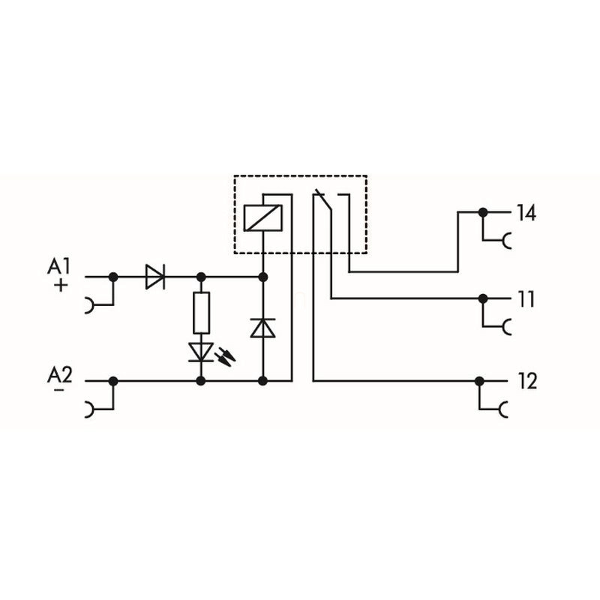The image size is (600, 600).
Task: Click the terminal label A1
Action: [58, 266]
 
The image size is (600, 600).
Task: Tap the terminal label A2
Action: [59, 375]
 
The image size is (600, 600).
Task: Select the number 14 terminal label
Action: [526, 213]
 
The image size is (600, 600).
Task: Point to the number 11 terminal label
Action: [526, 299]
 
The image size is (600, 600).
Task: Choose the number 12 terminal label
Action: [528, 381]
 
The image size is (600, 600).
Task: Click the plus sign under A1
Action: [61, 285]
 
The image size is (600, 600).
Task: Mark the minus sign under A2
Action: [59, 390]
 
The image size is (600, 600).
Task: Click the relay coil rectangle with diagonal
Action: [263, 218]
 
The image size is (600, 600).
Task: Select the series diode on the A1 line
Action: [155, 276]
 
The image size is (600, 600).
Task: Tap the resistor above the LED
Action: [201, 313]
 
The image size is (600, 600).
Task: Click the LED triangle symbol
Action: [201, 352]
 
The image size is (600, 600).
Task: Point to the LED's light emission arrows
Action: [225, 358]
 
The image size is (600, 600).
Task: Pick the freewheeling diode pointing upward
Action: [263, 328]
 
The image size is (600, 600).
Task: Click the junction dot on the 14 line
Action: [483, 212]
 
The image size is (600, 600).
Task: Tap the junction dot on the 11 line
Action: [483, 298]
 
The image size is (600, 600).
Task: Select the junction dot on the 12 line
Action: [479, 381]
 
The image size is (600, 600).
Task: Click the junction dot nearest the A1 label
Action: [113, 277]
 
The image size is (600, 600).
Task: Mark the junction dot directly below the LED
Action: [201, 381]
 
